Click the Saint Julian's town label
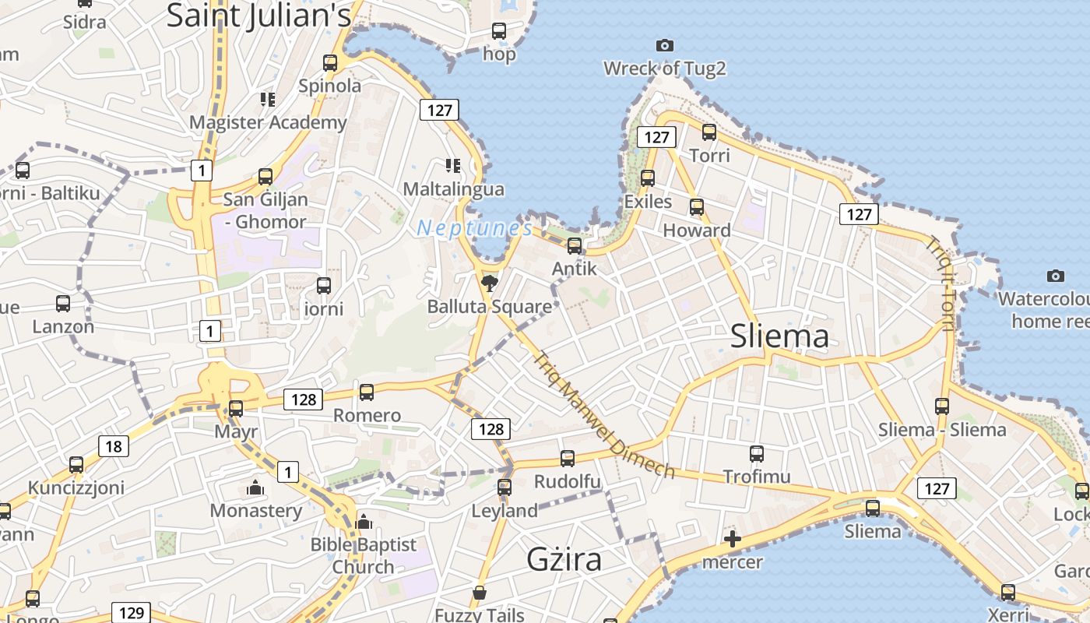tap(259, 16)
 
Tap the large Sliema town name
tap(779, 336)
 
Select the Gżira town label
tap(564, 560)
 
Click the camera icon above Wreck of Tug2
tap(664, 46)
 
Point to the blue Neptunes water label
tap(475, 228)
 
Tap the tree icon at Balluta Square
tap(490, 283)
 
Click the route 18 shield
tap(114, 446)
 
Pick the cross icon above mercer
tap(732, 539)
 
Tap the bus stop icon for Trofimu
tap(756, 454)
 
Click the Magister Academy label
tap(268, 122)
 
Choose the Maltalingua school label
tap(453, 189)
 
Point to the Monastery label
tap(256, 511)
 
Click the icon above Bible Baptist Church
tap(364, 522)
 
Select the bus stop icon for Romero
tap(367, 392)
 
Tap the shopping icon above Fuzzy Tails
tap(480, 593)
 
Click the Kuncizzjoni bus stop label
tap(76, 488)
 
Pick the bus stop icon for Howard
tap(697, 207)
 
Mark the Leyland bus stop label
tap(505, 512)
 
